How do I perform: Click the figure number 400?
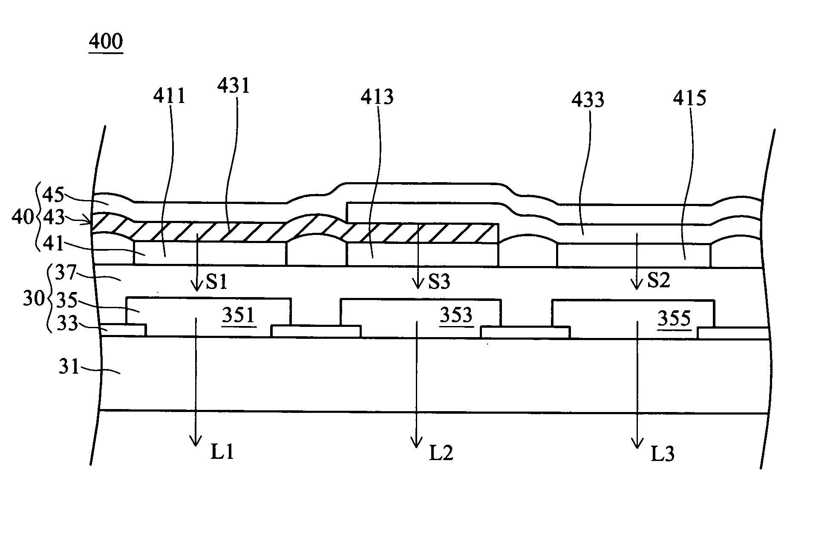pyautogui.click(x=106, y=42)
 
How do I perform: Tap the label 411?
pyautogui.click(x=170, y=96)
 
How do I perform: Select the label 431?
pyautogui.click(x=233, y=86)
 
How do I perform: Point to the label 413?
pyautogui.click(x=377, y=97)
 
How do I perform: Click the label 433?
pyautogui.click(x=588, y=100)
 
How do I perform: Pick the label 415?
pyautogui.click(x=689, y=98)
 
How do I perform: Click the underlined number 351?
pyautogui.click(x=239, y=316)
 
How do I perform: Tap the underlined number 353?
pyautogui.click(x=456, y=316)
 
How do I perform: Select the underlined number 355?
pyautogui.click(x=674, y=318)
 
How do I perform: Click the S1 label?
pyautogui.click(x=217, y=282)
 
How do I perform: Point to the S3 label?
pyautogui.click(x=438, y=282)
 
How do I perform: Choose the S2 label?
pyautogui.click(x=658, y=280)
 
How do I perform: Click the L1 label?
pyautogui.click(x=222, y=452)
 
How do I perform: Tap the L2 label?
pyautogui.click(x=441, y=454)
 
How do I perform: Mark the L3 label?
pyautogui.click(x=663, y=455)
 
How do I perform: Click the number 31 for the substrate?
pyautogui.click(x=69, y=366)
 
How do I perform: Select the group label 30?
pyautogui.click(x=34, y=299)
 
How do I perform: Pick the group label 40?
pyautogui.click(x=22, y=217)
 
